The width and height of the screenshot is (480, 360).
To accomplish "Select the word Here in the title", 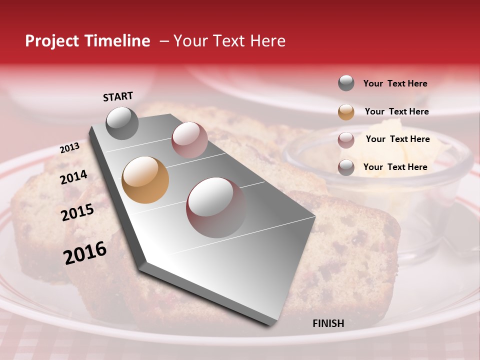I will (267, 41).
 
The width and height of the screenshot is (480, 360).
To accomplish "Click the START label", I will (118, 96).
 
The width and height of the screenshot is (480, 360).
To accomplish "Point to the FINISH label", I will (328, 323).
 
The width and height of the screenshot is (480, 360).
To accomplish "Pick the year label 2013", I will (69, 148).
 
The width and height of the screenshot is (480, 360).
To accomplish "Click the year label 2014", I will (73, 177).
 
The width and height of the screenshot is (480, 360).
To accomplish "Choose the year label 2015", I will (77, 212).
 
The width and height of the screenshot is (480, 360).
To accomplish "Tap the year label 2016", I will (85, 253).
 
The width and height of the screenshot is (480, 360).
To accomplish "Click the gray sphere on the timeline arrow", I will (122, 123).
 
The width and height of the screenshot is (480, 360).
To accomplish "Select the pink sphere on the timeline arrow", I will (189, 140).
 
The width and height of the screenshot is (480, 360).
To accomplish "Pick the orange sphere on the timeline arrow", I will (145, 180).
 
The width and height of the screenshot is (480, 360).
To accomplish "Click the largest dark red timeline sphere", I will (216, 207).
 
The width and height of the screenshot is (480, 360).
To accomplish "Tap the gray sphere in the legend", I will (346, 83).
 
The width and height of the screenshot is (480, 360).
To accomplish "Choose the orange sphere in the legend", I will (346, 112).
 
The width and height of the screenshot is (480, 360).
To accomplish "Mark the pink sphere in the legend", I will (346, 140).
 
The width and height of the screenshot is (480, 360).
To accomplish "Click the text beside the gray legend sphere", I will (395, 84).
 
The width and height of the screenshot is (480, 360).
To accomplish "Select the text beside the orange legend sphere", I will (396, 111).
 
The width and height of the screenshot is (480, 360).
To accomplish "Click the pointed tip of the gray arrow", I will (273, 324).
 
